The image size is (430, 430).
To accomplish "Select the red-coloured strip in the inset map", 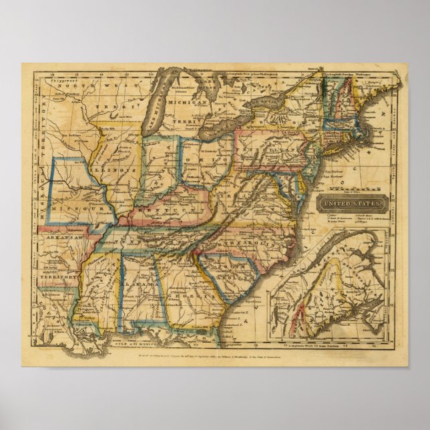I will click(302, 311).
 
